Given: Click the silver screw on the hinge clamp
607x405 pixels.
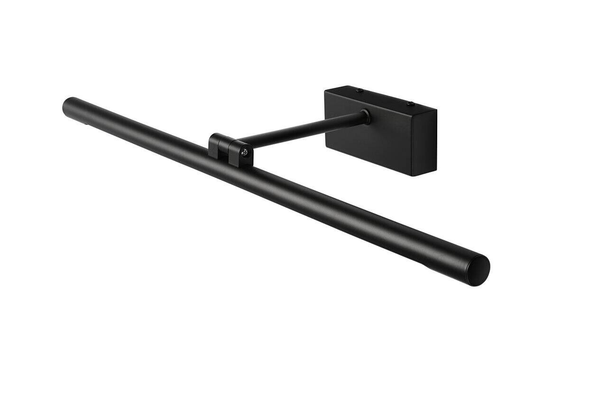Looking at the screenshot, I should (245, 152).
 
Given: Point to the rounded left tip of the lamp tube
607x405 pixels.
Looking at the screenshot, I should (66, 105).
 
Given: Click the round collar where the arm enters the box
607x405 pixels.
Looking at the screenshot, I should (365, 116).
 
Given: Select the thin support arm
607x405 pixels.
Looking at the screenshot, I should (303, 128).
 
